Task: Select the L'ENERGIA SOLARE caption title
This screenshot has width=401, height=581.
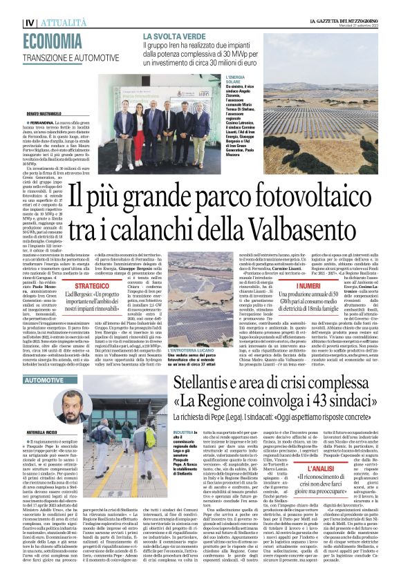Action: point(238,82)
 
